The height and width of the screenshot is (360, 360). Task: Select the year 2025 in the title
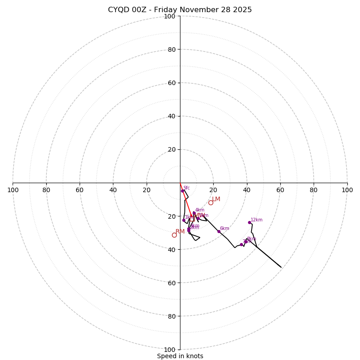[242, 10]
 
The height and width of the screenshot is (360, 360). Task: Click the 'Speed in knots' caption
[180, 356]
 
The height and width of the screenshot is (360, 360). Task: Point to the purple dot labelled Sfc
[182, 191]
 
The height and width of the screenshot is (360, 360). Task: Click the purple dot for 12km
[249, 222]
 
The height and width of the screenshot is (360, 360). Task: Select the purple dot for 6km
[219, 231]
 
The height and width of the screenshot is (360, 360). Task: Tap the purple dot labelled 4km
[194, 213]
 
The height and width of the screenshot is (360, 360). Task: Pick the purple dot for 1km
[184, 220]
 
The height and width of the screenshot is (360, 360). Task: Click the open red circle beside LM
[211, 202]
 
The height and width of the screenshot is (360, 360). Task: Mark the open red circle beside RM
[174, 235]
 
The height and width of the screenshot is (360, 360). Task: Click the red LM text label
[216, 199]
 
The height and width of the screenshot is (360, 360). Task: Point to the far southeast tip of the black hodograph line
[281, 267]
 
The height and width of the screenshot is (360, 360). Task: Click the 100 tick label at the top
[170, 16]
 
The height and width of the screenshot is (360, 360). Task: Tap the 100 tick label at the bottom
[170, 350]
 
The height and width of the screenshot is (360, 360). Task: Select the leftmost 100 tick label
[13, 190]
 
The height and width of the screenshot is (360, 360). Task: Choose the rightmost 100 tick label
[347, 190]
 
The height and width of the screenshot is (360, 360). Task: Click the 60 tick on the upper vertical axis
[171, 83]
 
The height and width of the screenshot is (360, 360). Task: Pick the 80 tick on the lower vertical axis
[171, 316]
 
